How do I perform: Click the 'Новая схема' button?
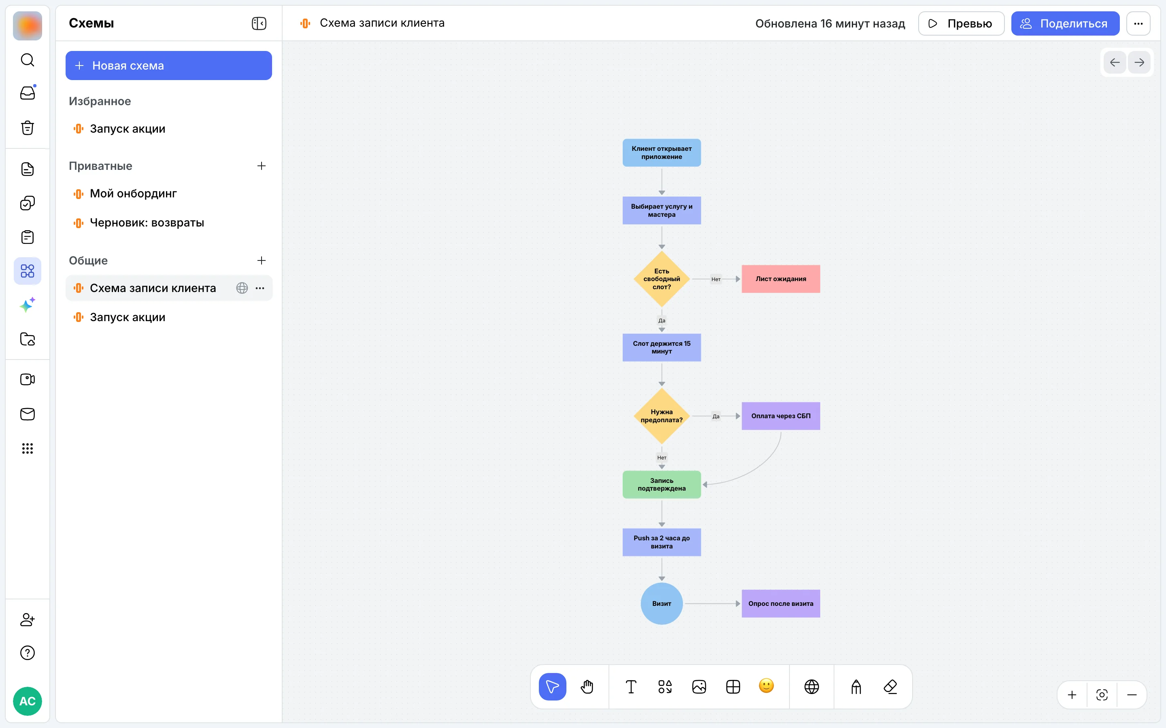169,66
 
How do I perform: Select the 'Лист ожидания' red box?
781,279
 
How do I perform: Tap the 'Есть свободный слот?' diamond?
662,279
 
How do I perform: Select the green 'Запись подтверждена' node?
662,485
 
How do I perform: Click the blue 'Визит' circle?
662,603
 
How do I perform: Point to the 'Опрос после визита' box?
781,603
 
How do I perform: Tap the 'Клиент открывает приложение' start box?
662,152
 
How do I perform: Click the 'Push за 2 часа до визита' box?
662,542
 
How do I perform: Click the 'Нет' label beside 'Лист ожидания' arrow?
716,279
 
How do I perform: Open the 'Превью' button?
961,23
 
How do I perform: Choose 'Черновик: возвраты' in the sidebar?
147,222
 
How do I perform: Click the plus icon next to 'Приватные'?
262,166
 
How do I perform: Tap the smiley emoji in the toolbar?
766,686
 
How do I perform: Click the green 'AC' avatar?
28,700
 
